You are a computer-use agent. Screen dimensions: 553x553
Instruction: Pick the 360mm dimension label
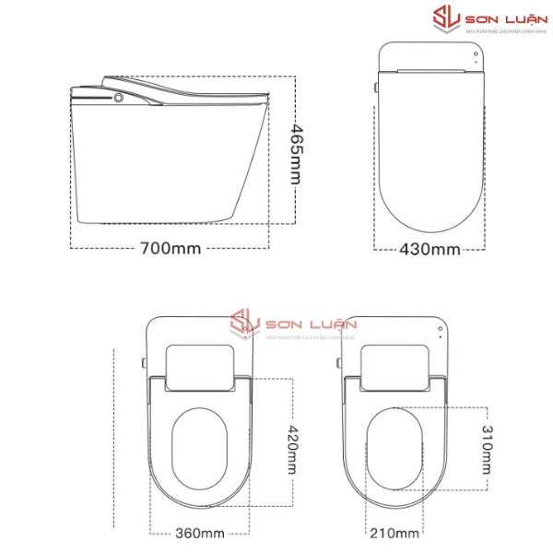(x=199, y=533)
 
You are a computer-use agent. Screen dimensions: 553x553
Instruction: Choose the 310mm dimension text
(x=486, y=446)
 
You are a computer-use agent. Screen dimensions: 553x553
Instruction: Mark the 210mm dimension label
(x=395, y=533)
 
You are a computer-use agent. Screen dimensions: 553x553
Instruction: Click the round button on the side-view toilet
(x=119, y=95)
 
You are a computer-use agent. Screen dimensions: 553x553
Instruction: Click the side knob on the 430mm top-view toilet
(x=376, y=88)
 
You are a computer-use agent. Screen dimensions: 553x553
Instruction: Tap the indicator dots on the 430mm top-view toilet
(x=476, y=56)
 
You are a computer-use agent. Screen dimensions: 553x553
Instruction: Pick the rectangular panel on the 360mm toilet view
(x=199, y=365)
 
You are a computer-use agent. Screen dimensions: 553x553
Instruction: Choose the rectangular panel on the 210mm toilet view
(x=395, y=365)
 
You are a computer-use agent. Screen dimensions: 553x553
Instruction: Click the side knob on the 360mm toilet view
(x=144, y=361)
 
